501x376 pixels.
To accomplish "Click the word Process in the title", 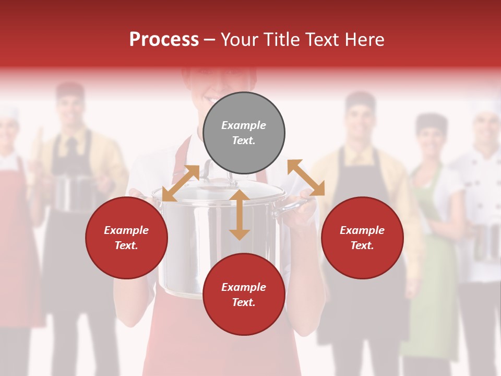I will pyautogui.click(x=164, y=40).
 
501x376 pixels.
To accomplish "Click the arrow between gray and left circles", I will pyautogui.click(x=181, y=183).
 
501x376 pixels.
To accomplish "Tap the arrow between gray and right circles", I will pyautogui.click(x=306, y=178).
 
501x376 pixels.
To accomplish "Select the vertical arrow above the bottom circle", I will pyautogui.click(x=240, y=215).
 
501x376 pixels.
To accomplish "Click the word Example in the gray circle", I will pyautogui.click(x=244, y=125).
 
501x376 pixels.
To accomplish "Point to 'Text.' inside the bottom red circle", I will pyautogui.click(x=244, y=302).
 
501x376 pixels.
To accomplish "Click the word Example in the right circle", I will pyautogui.click(x=362, y=230).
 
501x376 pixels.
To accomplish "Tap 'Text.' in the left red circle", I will pyautogui.click(x=126, y=245).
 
